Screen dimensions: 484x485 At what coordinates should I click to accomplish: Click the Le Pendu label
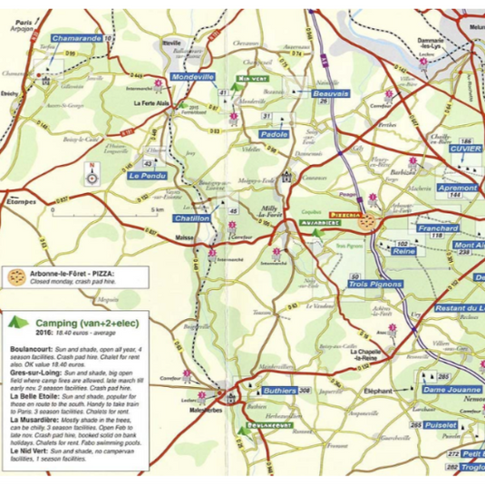click(x=145, y=175)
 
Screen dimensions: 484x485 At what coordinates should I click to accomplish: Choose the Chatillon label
click(x=191, y=218)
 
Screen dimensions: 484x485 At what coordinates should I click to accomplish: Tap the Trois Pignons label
click(x=374, y=285)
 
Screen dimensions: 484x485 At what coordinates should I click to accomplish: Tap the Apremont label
click(x=456, y=187)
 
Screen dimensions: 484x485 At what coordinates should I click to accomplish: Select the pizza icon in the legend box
click(x=15, y=275)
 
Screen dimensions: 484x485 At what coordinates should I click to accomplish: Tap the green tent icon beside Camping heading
click(x=17, y=321)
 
